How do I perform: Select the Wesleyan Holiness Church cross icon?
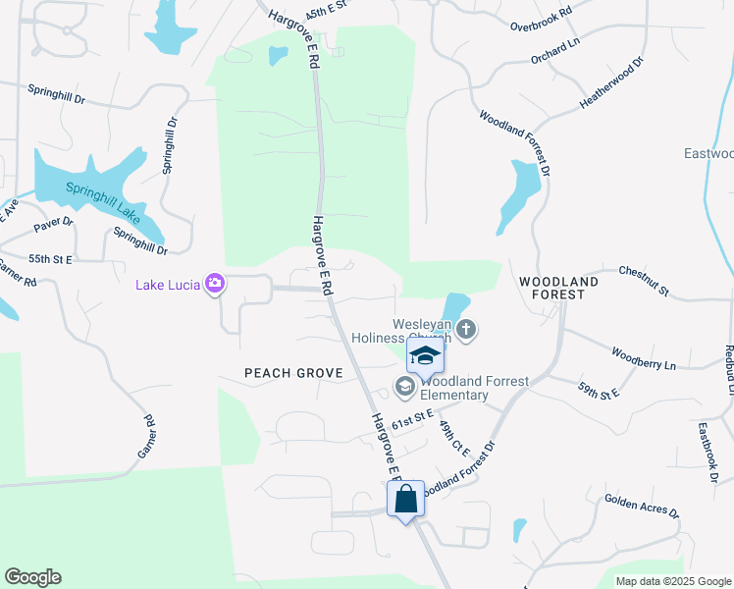coord(466,330)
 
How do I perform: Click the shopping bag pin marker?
coord(405,500)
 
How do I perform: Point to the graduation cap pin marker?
coord(425,356)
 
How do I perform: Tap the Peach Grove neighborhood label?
coord(293,373)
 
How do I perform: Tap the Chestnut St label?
coord(643,280)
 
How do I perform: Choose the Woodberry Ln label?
coord(643,358)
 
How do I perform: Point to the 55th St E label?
coord(51,259)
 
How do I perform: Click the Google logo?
coord(32,577)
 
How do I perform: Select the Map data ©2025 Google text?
coord(672,581)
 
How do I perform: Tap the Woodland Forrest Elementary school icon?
coord(404,388)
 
